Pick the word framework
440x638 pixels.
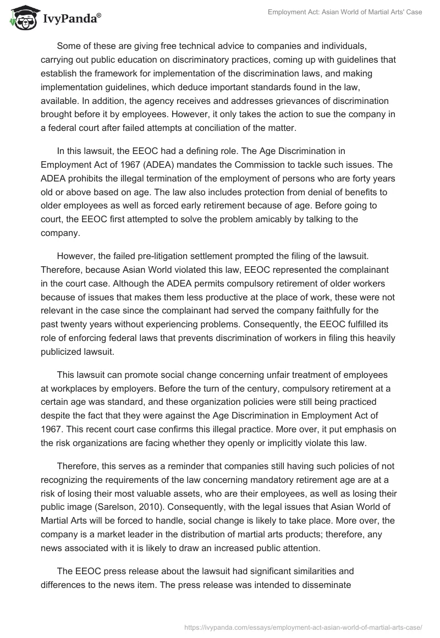click(x=137, y=72)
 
